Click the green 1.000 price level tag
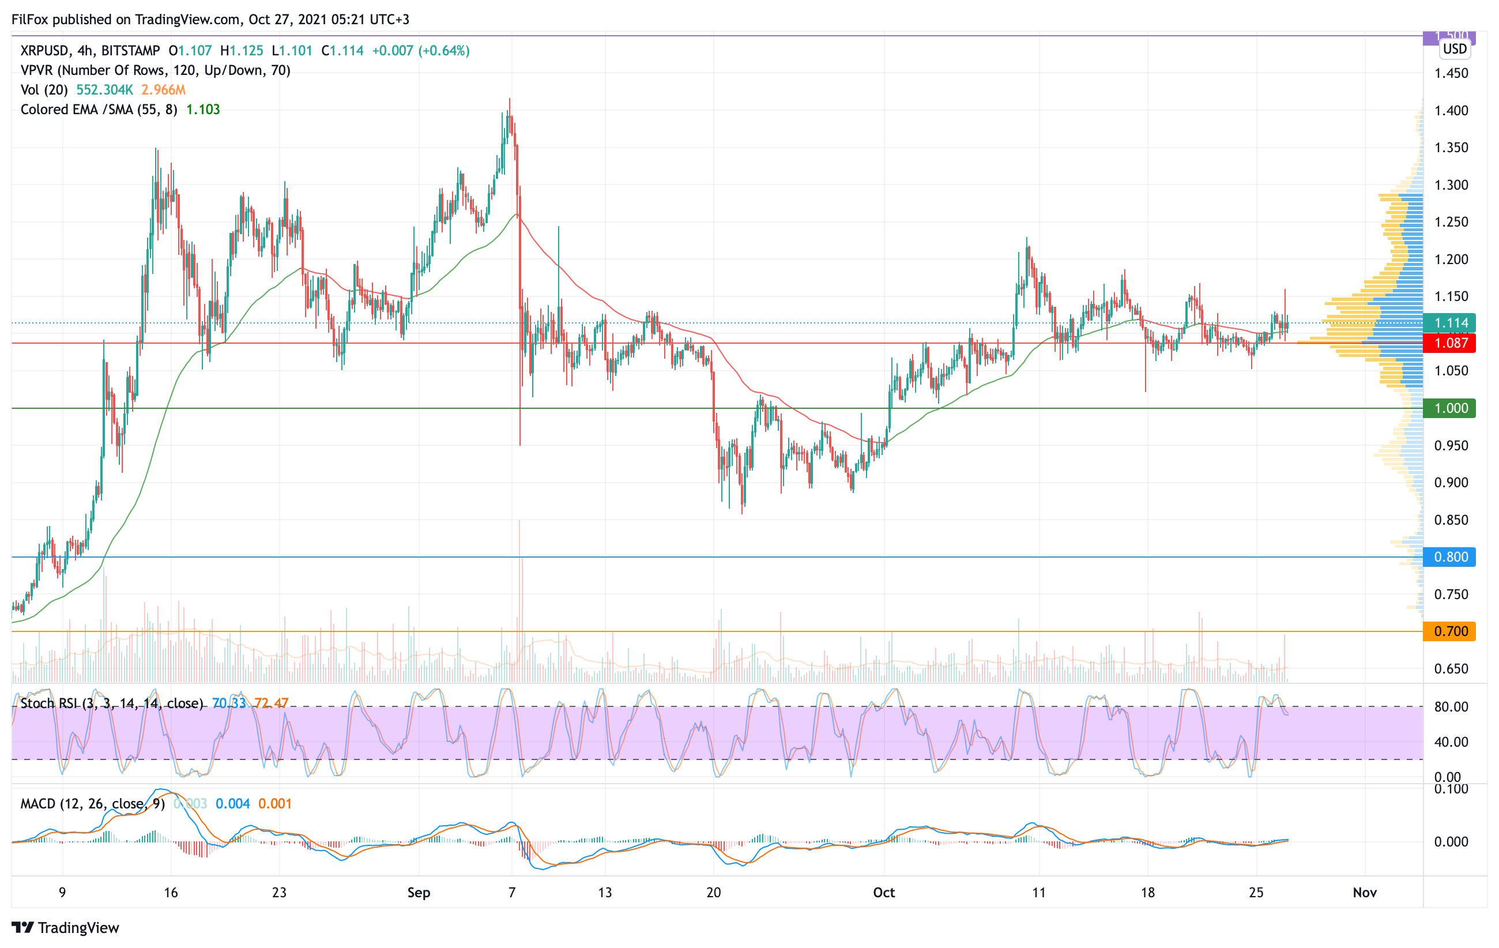pos(1450,408)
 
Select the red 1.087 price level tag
pos(1450,343)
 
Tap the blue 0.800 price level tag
pos(1450,557)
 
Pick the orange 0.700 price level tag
pos(1450,631)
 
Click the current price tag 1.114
pos(1450,323)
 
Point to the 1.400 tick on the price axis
pos(1451,111)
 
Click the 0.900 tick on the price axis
pos(1451,483)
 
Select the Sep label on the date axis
pos(419,893)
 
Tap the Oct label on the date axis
pos(884,893)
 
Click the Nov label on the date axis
pos(1365,893)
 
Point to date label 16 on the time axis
pos(171,893)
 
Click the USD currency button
pos(1455,49)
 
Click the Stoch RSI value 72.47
pos(272,704)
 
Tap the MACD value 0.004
pos(232,804)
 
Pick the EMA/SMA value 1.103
pos(203,110)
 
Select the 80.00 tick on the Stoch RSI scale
pos(1451,707)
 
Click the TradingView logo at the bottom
pos(65,927)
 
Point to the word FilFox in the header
pos(31,19)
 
